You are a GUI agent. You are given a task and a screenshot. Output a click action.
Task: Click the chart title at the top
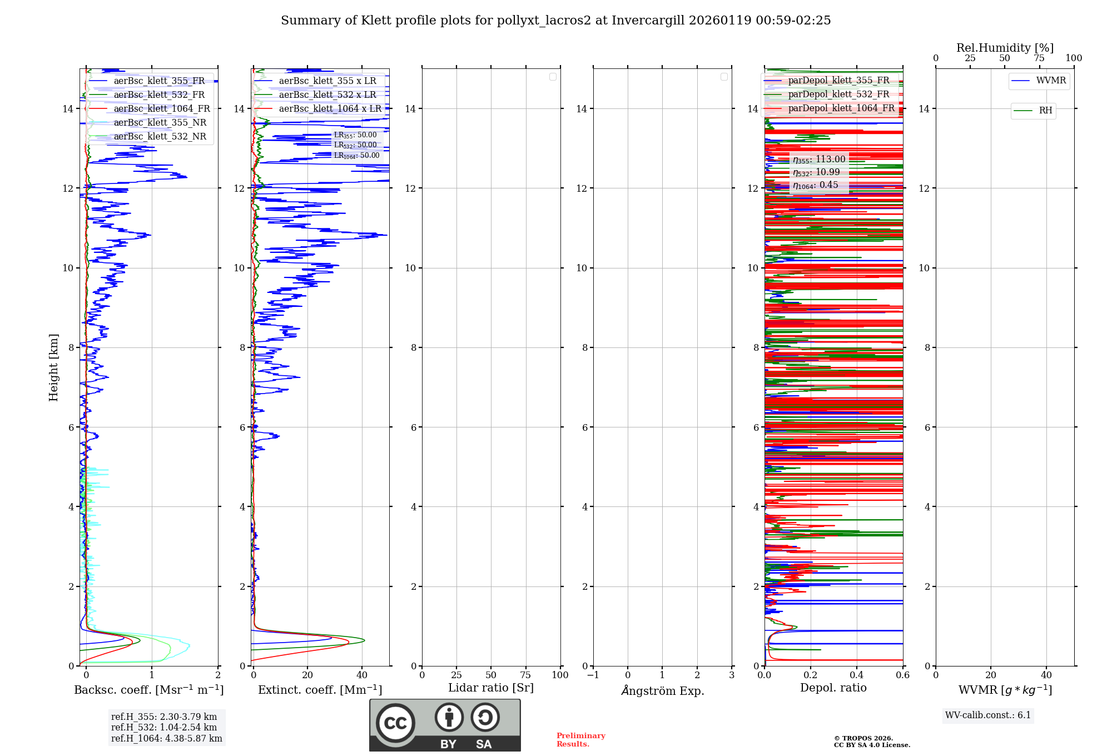(555, 21)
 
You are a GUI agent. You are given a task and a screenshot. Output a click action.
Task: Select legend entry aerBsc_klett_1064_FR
(161, 109)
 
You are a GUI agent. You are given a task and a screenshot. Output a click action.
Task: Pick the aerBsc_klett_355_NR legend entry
(160, 123)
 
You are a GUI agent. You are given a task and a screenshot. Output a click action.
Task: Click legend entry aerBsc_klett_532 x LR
(327, 95)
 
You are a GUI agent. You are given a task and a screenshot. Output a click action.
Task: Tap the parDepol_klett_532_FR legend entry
(838, 94)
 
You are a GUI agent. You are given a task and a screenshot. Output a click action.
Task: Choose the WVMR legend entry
(1050, 81)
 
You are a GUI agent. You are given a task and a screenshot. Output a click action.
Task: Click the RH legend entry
(1045, 111)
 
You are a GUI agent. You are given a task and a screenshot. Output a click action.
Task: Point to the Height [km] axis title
(53, 367)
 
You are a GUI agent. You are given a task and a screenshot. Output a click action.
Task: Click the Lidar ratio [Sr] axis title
(491, 688)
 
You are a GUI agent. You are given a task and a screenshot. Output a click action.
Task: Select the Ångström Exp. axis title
(662, 691)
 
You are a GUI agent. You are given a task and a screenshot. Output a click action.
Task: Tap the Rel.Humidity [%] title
(1005, 48)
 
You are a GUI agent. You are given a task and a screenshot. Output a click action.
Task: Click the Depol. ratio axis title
(833, 688)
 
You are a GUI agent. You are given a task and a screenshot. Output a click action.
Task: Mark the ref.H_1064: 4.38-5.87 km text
(166, 739)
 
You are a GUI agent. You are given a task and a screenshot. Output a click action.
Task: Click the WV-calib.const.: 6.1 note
(988, 715)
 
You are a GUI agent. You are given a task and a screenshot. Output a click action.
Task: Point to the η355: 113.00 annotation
(819, 160)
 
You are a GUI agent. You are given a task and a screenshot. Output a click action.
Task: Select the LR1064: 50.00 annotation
(356, 156)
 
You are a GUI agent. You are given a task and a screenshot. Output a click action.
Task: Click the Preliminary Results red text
(580, 740)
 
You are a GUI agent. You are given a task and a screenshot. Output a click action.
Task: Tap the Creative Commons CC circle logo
(395, 723)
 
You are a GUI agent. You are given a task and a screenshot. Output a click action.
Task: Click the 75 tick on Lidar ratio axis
(525, 675)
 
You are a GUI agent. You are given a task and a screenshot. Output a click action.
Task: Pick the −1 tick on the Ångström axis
(593, 675)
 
